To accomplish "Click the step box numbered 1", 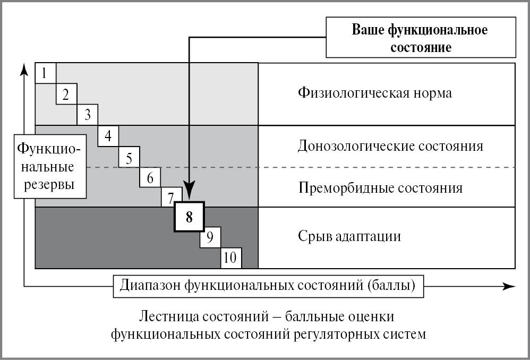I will (45, 73).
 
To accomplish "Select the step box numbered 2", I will (66, 94).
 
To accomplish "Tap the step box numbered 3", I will (87, 114).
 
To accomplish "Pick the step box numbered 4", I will (108, 136).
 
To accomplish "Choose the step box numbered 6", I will (150, 177).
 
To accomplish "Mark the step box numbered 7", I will (170, 198).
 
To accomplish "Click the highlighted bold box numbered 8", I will (189, 217).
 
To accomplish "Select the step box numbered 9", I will (210, 237).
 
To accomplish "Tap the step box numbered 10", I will (231, 258).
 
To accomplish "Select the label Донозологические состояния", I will (391, 146).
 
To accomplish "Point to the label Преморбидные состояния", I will (380, 188).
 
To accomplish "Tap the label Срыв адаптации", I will (349, 236).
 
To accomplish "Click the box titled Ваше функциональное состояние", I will (420, 38).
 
